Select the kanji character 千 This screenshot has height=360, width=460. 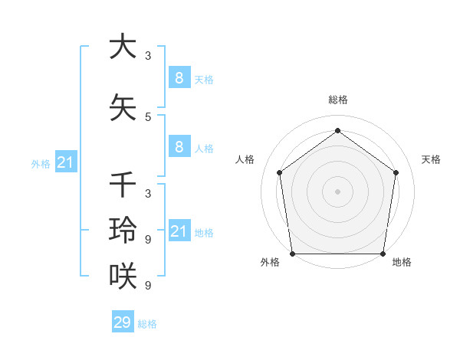[x=123, y=185]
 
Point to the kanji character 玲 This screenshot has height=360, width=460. [x=123, y=230]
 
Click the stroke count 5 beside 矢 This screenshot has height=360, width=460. [x=148, y=117]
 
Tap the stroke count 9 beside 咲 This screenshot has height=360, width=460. [x=148, y=286]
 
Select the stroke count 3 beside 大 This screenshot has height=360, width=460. [x=148, y=56]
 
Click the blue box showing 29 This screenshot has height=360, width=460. [x=122, y=322]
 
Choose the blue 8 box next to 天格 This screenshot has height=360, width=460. [x=179, y=77]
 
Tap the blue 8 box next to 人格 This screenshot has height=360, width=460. [x=179, y=147]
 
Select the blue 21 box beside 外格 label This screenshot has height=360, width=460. [x=65, y=162]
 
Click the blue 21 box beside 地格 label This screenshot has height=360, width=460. [x=179, y=231]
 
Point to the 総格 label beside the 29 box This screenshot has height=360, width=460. [x=147, y=324]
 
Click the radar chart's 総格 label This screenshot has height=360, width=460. [x=338, y=100]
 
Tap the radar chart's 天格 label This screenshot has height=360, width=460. [x=431, y=159]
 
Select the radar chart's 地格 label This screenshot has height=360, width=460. [x=402, y=262]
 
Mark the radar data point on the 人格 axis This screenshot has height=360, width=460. [x=279, y=172]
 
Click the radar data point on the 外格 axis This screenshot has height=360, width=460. [x=293, y=254]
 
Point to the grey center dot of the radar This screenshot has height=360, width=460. [x=338, y=191]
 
